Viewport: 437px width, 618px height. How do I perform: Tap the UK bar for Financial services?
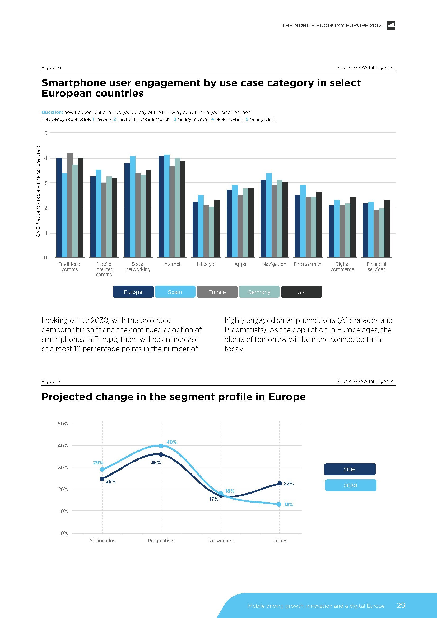[x=387, y=229]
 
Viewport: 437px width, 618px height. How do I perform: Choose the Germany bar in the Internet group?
[x=177, y=207]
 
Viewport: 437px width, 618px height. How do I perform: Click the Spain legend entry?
[x=175, y=292]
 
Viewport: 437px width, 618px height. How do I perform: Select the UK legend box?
[x=301, y=292]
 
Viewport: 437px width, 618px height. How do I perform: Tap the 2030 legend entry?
[x=350, y=485]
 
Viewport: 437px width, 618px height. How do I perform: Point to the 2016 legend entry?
[x=350, y=470]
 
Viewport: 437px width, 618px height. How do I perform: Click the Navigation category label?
[x=274, y=264]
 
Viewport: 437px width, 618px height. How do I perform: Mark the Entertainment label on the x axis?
[x=308, y=264]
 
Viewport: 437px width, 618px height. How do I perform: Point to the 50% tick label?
[x=63, y=424]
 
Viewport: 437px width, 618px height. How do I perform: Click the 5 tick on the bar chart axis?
[x=45, y=133]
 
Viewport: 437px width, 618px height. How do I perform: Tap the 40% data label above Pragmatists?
[x=172, y=442]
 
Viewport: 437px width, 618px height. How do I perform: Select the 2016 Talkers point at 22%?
[x=280, y=484]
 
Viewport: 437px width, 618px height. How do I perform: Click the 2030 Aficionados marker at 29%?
[x=102, y=470]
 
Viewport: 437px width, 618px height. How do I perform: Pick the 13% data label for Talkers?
[x=289, y=504]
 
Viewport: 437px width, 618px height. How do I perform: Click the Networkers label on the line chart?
[x=221, y=541]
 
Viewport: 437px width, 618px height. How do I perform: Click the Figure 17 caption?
[x=51, y=381]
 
